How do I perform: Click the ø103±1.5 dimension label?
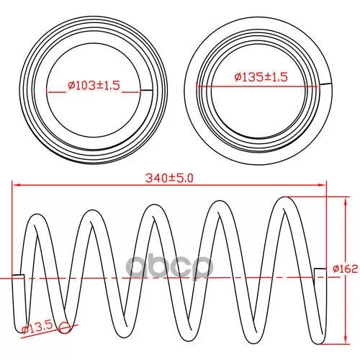94,85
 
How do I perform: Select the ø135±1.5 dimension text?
261,77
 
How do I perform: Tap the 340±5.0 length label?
169,178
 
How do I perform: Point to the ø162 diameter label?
346,269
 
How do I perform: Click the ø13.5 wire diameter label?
37,328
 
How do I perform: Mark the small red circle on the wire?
64,328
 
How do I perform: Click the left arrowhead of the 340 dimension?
16,185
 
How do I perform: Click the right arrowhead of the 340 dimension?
323,185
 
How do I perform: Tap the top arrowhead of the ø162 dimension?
346,201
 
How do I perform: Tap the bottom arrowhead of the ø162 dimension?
346,340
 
